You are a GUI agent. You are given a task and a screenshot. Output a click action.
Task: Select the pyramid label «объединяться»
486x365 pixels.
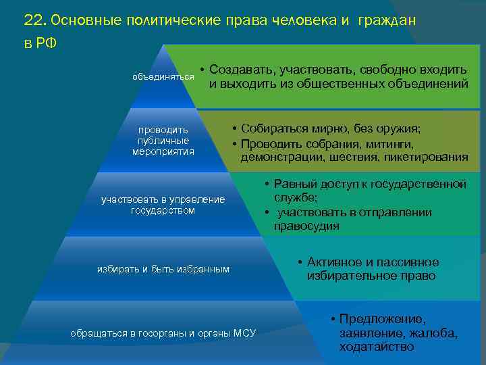[x=163, y=77]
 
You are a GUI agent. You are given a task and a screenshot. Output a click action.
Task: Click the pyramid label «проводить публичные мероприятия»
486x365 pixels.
[x=163, y=141]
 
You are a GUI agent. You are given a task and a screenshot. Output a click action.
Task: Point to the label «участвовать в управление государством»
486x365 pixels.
[x=163, y=205]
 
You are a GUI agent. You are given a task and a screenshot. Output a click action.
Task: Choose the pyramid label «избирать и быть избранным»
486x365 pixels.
[x=163, y=269]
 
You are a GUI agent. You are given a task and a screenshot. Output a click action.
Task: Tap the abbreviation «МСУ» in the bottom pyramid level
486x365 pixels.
[x=244, y=333]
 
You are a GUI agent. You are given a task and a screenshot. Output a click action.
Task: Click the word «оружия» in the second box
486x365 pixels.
[x=398, y=129]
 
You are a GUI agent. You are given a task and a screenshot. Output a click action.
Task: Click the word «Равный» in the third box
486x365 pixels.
[x=292, y=185]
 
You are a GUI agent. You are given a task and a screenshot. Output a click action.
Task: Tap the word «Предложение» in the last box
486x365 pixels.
[x=383, y=319]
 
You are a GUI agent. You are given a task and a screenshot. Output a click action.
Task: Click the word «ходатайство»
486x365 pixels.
[x=377, y=347]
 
